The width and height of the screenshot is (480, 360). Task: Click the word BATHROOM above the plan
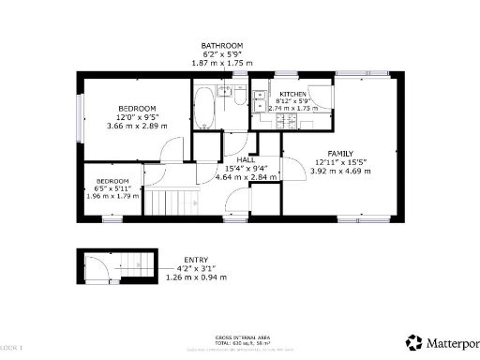[x=222, y=45]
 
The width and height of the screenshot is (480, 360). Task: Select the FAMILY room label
[x=341, y=153]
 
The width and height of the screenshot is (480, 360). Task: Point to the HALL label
[x=247, y=159]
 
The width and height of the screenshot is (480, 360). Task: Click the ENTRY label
[x=197, y=260]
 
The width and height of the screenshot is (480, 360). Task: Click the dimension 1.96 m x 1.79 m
[x=112, y=197]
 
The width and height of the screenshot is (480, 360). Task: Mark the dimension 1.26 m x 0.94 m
[x=197, y=277]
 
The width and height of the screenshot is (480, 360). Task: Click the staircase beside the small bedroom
[x=174, y=201]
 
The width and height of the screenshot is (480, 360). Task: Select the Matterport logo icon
[x=413, y=342]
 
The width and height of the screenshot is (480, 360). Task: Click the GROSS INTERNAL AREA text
[x=240, y=337]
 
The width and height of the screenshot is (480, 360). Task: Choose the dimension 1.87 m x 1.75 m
[x=222, y=63]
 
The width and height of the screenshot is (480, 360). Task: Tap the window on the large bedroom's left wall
[x=82, y=118]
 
